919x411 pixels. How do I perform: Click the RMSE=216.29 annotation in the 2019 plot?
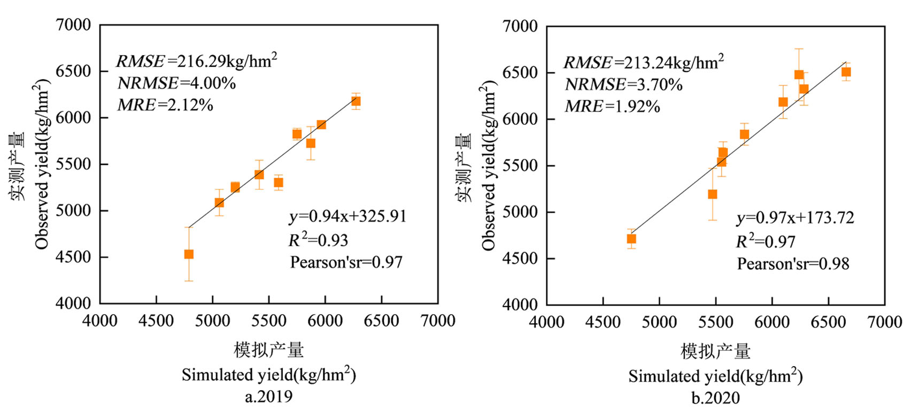pos(196,61)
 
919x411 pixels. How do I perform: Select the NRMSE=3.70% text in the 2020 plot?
pos(623,85)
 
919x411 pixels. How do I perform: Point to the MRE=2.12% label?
pos(165,105)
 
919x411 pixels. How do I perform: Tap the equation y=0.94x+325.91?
pos(347,216)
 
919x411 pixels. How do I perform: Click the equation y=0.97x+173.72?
pos(795,218)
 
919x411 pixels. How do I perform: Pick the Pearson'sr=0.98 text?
pos(793,264)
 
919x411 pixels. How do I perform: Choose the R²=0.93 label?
pos(318,240)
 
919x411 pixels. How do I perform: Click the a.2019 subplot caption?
pos(268,397)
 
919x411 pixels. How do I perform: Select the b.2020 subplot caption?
pos(715,398)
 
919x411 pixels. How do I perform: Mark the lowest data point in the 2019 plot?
pos(189,254)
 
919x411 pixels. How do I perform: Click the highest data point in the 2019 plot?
pos(356,101)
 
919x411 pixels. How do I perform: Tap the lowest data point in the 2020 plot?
pos(631,239)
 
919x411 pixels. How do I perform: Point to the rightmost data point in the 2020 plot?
pos(846,72)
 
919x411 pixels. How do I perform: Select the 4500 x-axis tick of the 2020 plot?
pos(603,322)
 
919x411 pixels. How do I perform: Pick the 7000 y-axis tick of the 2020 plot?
pos(520,26)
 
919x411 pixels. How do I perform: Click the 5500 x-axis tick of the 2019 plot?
pos(269,321)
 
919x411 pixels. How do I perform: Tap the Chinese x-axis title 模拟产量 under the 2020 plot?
pos(715,352)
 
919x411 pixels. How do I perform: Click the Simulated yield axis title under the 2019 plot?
pos(268,374)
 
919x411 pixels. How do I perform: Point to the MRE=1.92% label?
pos(612,106)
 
